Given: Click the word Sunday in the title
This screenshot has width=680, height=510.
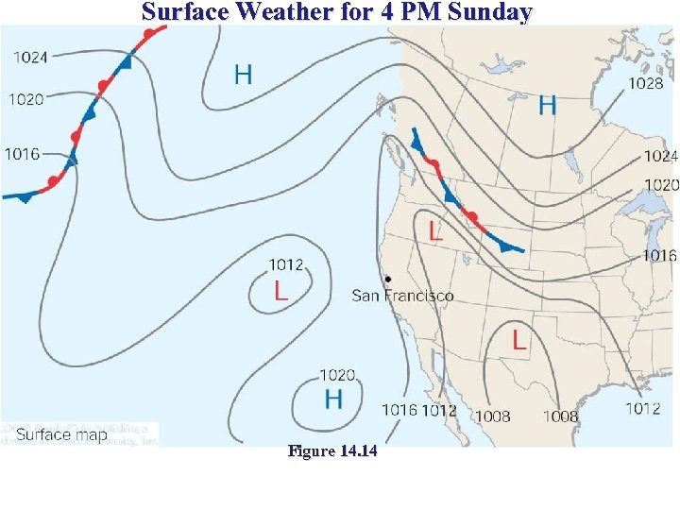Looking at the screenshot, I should [x=486, y=12].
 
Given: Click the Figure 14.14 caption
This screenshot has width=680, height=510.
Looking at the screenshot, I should [x=331, y=452].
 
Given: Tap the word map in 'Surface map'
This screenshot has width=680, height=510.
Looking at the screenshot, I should [x=90, y=435].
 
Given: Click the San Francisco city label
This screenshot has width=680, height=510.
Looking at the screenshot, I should [x=402, y=296].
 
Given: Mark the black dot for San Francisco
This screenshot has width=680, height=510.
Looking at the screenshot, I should [x=388, y=280].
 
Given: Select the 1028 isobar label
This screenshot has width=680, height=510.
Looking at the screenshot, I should [x=645, y=83].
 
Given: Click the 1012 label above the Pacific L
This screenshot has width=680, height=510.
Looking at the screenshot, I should [x=286, y=264].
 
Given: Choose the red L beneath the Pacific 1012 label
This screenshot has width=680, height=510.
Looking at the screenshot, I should [x=281, y=291].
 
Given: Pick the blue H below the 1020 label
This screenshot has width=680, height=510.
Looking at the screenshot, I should [x=333, y=399].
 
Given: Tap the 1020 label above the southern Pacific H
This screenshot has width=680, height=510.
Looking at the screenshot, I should [x=337, y=375].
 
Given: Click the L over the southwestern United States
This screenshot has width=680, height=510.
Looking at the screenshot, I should [x=519, y=340].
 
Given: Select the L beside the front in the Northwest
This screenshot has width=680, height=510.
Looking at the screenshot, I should [x=435, y=229].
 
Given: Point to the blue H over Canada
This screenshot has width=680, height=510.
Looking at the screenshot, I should [x=547, y=105].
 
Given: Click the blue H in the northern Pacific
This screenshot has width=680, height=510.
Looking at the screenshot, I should [x=244, y=74].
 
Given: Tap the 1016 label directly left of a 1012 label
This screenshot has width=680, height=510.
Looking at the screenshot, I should [x=399, y=409].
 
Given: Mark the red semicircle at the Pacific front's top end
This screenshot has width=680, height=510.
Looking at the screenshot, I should [x=148, y=34].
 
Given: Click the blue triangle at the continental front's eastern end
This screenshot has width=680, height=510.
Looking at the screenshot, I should [x=509, y=246].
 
